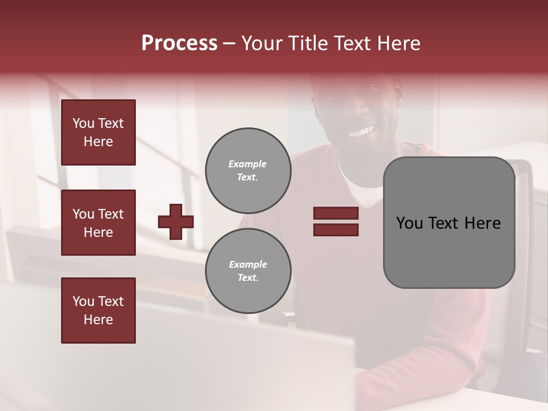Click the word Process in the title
(x=179, y=43)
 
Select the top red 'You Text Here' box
(x=98, y=132)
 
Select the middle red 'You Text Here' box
(x=98, y=223)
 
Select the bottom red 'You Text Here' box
(x=98, y=311)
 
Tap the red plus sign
(x=176, y=221)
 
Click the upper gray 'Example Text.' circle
(x=248, y=171)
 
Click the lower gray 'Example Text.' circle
(x=248, y=271)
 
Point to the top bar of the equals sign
(x=336, y=213)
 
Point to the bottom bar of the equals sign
(x=336, y=229)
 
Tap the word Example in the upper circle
(x=248, y=164)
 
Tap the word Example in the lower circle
(x=248, y=264)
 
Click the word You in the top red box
(x=83, y=123)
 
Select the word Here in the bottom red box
(x=98, y=320)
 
